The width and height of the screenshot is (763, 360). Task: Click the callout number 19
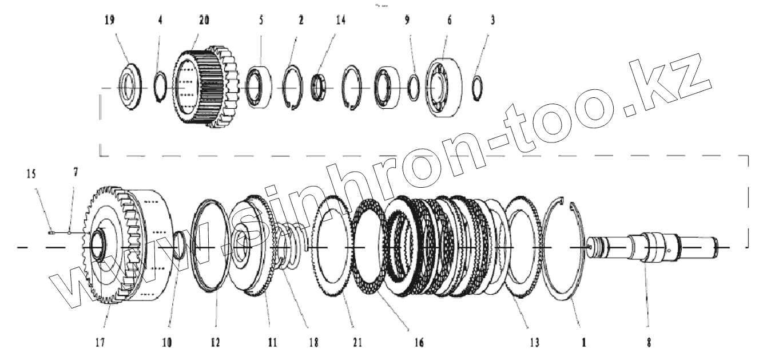(110, 21)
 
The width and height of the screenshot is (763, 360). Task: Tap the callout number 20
(204, 21)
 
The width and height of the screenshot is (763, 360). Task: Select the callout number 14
(341, 21)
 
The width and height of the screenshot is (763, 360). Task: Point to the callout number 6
(450, 21)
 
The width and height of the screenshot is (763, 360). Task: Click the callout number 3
(492, 21)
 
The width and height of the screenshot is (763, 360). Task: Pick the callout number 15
(31, 174)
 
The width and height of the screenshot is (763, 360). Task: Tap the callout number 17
(100, 342)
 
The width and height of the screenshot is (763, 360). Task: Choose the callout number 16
(419, 342)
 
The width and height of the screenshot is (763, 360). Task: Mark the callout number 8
(649, 342)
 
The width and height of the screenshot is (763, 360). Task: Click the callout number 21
(357, 342)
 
